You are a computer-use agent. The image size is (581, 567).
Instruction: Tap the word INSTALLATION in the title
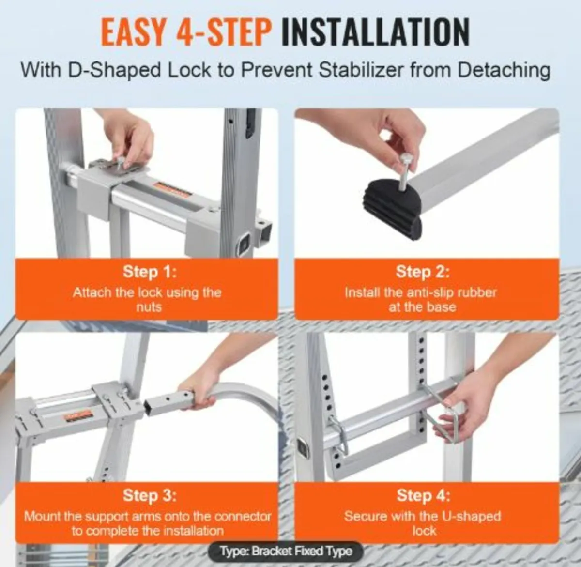coord(375,33)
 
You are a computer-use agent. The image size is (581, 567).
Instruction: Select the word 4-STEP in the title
coord(224,33)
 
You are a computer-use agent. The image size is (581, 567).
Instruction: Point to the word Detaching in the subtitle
coord(504,70)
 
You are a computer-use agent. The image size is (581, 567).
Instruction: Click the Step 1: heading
coord(150,272)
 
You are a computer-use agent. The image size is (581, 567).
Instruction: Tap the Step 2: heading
coord(423,272)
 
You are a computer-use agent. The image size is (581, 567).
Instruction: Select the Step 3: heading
coord(150,495)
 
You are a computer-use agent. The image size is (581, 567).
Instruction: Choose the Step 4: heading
coord(423,495)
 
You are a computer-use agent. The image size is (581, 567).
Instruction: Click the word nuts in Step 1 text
coord(149,307)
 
